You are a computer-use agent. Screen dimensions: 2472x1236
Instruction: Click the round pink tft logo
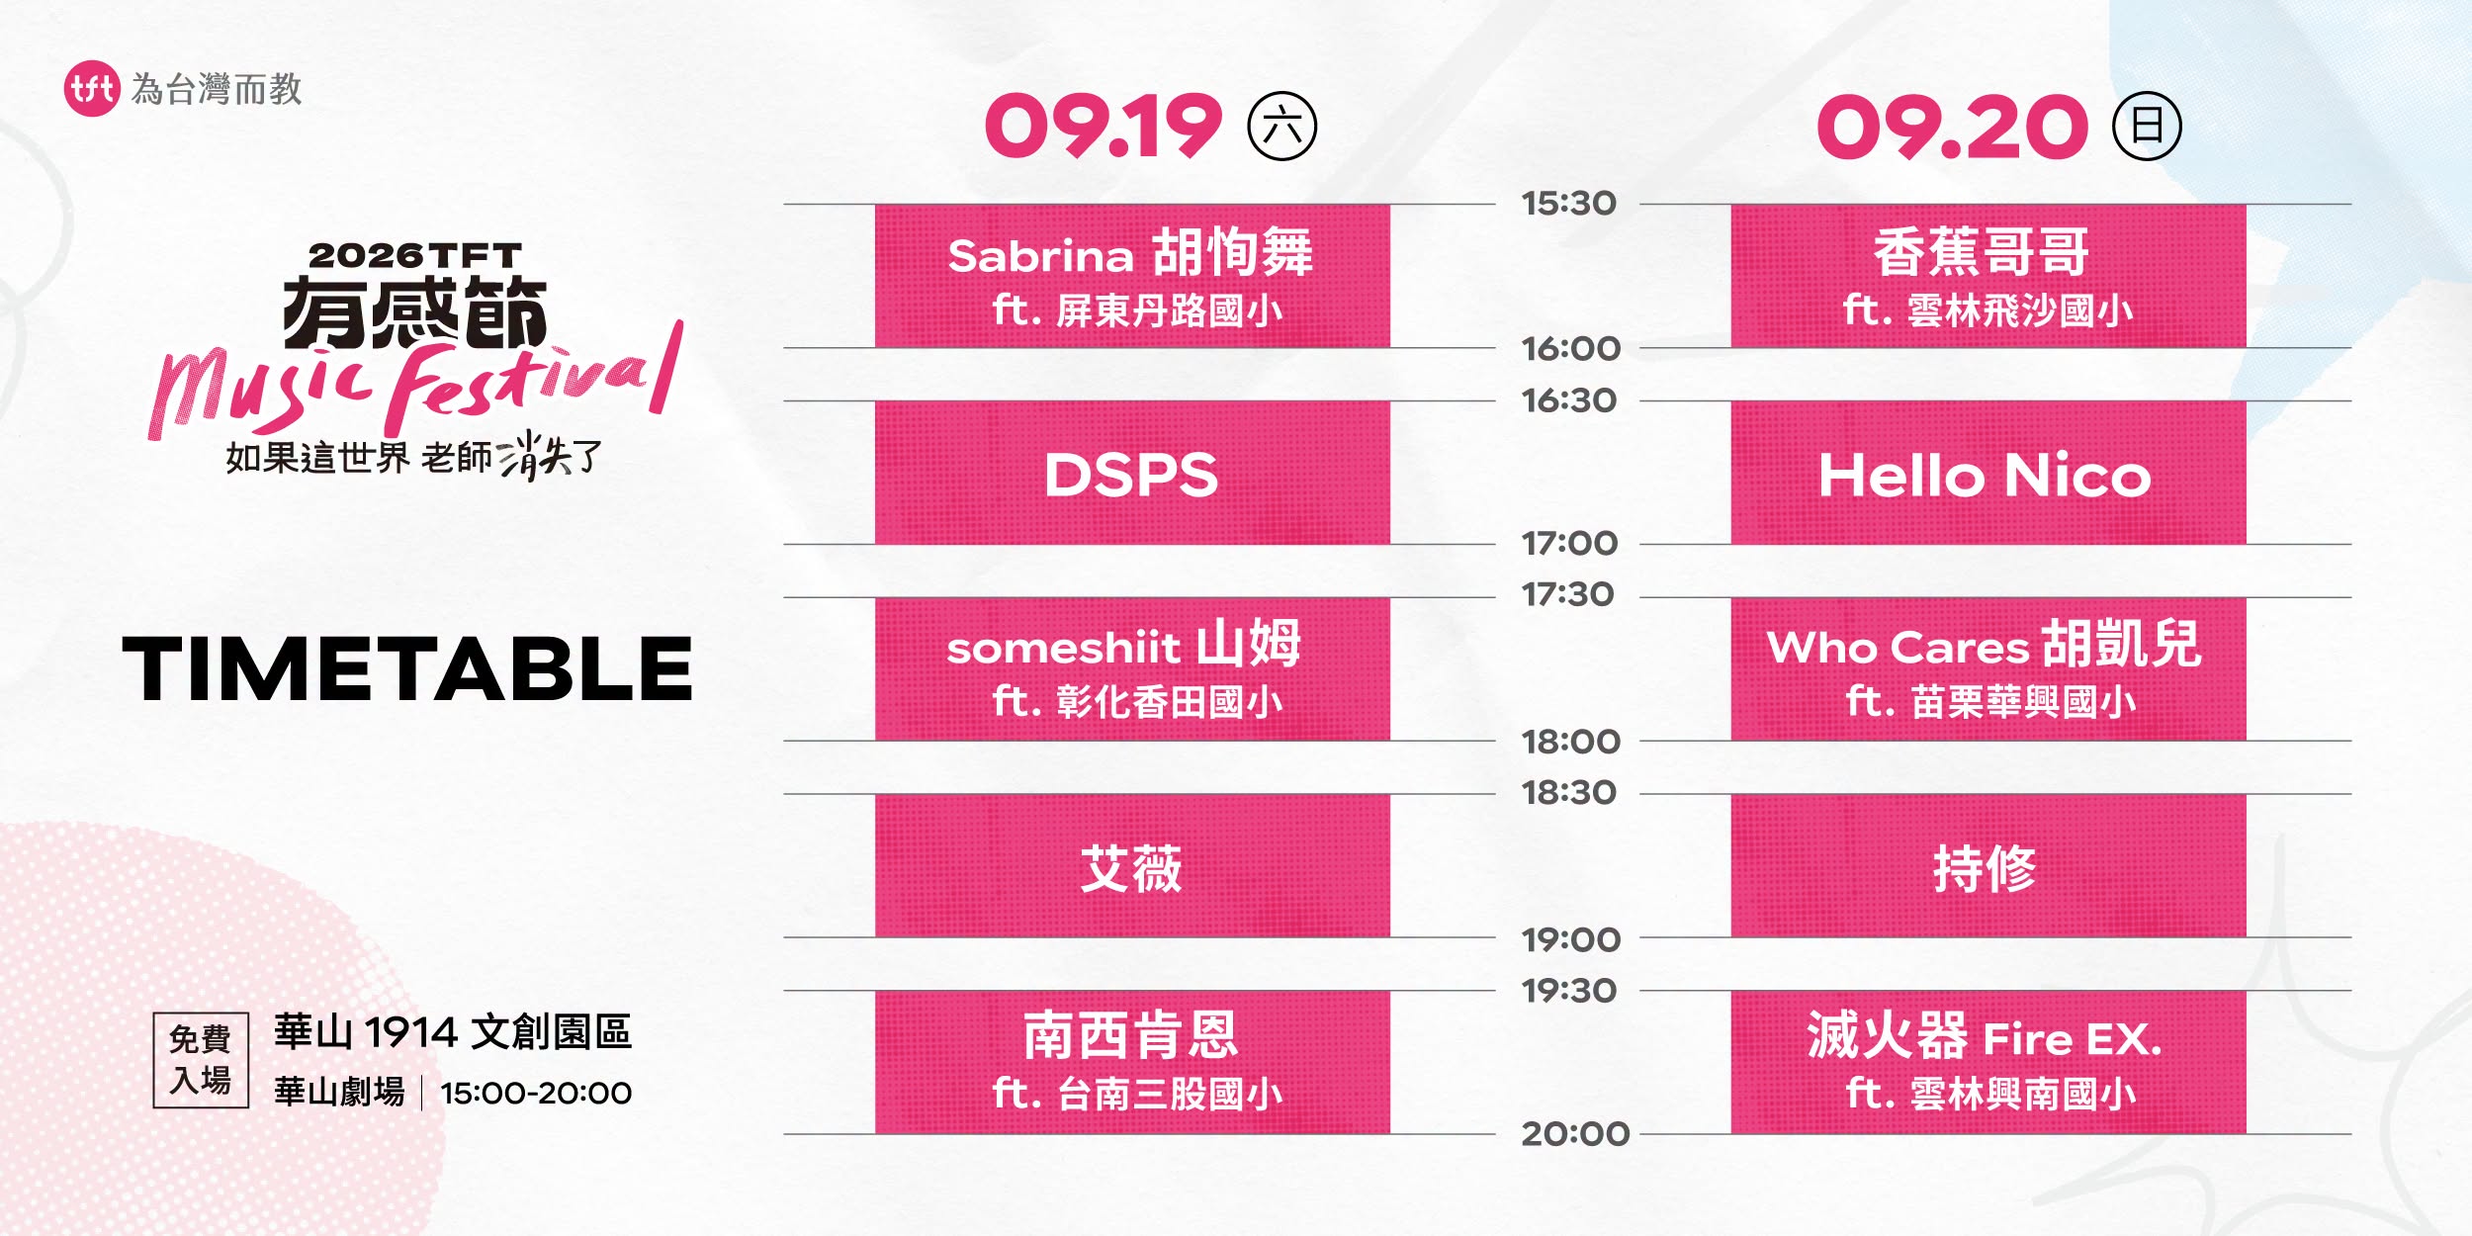(92, 89)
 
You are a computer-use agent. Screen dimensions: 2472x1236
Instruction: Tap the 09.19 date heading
(1104, 127)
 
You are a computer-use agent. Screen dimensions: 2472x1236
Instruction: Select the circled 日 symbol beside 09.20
(2147, 126)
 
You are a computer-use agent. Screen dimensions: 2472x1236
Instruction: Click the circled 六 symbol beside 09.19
(1282, 126)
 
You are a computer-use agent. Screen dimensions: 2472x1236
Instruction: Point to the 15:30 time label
(1568, 204)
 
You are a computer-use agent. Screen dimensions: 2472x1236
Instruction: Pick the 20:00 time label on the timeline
(1575, 1133)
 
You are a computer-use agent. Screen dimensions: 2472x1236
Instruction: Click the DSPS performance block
(1132, 473)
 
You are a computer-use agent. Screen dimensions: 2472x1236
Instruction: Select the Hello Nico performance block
(1987, 473)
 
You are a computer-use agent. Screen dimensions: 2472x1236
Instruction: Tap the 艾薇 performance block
(1132, 865)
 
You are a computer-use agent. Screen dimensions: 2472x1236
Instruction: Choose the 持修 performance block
(1987, 865)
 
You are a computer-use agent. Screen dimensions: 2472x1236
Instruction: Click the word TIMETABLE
(407, 668)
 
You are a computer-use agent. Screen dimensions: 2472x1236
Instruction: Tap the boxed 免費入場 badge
(201, 1060)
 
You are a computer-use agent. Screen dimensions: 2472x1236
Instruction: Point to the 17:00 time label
(1569, 543)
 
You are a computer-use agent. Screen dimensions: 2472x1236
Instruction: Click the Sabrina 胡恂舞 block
(1132, 276)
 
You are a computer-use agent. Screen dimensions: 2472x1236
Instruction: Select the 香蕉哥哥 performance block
(1987, 276)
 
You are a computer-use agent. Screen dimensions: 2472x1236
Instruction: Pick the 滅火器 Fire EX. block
(1987, 1062)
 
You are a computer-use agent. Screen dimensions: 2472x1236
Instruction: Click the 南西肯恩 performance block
(1132, 1062)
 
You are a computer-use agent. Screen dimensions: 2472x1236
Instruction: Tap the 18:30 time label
(1568, 792)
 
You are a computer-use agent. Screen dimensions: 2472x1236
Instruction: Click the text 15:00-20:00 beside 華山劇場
(536, 1093)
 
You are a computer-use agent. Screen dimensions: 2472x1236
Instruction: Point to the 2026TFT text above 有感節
(415, 255)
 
